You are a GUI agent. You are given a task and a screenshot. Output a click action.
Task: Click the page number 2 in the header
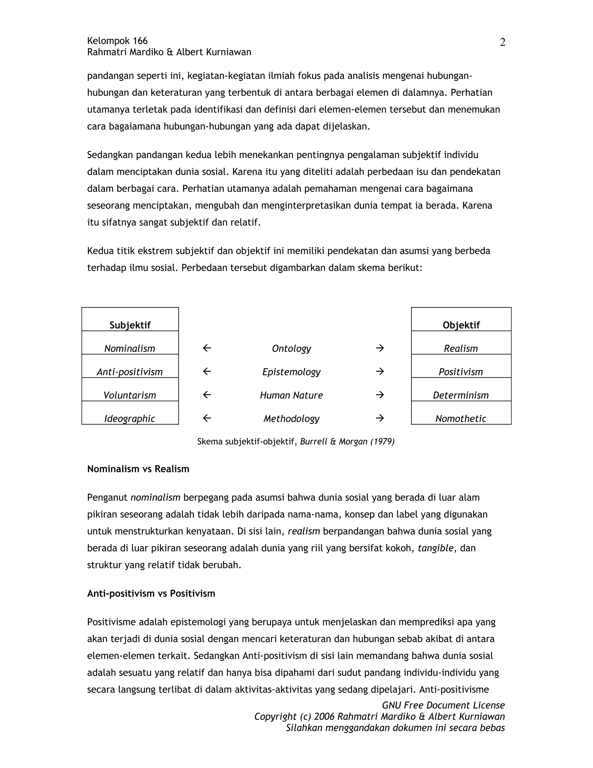tap(502, 43)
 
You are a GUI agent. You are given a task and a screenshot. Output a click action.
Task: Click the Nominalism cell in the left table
tap(130, 343)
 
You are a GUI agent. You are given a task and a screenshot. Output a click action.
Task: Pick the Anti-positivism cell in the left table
tap(130, 366)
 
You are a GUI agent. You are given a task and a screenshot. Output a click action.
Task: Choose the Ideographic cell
tap(130, 413)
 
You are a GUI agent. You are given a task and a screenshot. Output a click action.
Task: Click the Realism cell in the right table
tap(461, 343)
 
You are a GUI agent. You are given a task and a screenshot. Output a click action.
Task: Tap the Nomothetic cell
tap(461, 413)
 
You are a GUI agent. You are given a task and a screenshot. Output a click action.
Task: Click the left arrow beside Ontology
tap(207, 348)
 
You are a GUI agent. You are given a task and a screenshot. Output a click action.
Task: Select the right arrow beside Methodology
tap(379, 418)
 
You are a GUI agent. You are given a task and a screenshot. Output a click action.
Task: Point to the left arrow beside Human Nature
tap(207, 395)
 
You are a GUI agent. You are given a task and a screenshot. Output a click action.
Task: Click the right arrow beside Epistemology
tap(379, 371)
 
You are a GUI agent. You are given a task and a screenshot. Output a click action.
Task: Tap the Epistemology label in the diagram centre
tap(291, 372)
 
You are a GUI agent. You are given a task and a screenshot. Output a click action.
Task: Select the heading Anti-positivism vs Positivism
tap(151, 594)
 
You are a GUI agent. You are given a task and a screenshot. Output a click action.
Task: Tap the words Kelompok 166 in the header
tap(117, 41)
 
